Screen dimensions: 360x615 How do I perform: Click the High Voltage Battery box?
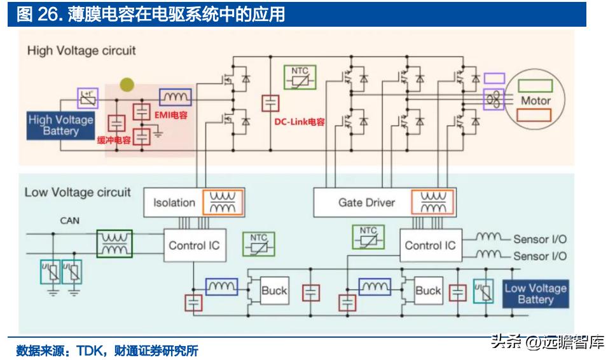(x=60, y=125)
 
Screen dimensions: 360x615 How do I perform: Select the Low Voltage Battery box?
(x=535, y=293)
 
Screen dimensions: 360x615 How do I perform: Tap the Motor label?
(x=536, y=100)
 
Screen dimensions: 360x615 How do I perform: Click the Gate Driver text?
(x=366, y=203)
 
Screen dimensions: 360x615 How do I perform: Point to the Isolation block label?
(x=174, y=203)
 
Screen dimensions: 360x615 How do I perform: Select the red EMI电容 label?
(x=174, y=114)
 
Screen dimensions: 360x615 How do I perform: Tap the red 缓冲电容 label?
(x=113, y=140)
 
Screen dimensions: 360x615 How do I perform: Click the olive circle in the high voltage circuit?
(x=127, y=85)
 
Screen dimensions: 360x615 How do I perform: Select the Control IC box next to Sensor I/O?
(x=430, y=246)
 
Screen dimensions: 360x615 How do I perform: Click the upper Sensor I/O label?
(x=539, y=239)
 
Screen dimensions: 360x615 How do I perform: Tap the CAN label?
(x=70, y=221)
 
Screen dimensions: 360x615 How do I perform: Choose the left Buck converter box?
(x=274, y=291)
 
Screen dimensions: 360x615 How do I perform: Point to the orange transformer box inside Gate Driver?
(x=432, y=202)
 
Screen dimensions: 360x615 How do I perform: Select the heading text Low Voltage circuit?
(x=78, y=191)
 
